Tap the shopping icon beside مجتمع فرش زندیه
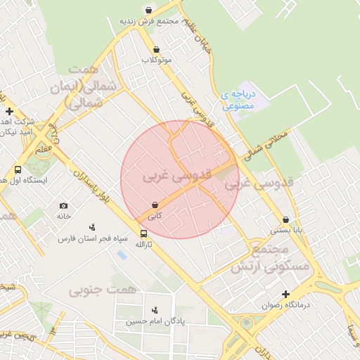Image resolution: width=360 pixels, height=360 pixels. [148, 10]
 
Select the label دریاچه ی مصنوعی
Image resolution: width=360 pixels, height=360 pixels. [240, 100]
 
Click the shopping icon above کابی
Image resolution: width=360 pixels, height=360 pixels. [155, 205]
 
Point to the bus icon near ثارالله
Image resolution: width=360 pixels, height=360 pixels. [143, 233]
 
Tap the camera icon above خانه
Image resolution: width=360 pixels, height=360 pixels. [64, 205]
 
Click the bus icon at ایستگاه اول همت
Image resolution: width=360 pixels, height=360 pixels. [18, 169]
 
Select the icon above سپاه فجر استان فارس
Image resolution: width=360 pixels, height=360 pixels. [92, 227]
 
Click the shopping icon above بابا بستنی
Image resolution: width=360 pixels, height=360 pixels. [285, 219]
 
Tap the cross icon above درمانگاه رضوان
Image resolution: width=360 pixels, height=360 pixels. [285, 294]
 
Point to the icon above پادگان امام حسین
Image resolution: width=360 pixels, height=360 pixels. [155, 310]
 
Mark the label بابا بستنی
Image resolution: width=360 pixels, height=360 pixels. [287, 230]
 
